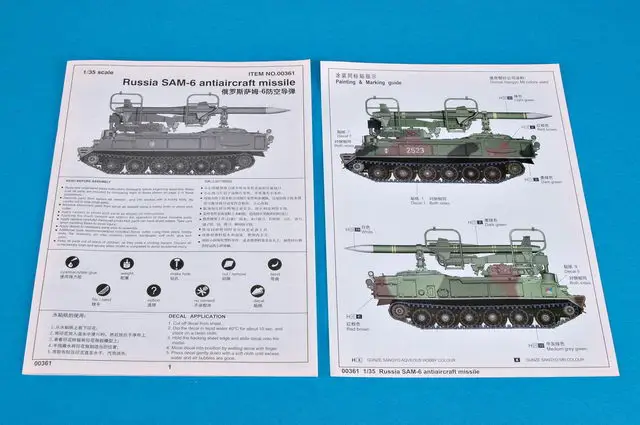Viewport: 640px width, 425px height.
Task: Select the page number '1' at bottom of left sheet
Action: pos(170,367)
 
